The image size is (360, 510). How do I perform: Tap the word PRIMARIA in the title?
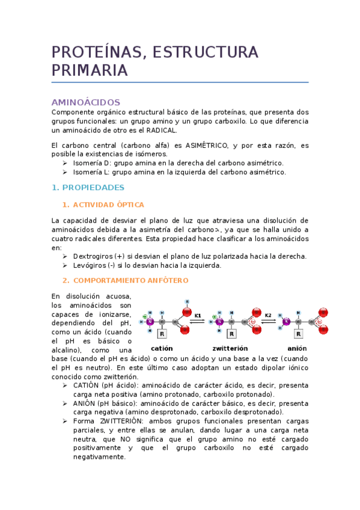click(x=90, y=70)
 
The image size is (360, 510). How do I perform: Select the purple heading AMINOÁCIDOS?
click(x=86, y=102)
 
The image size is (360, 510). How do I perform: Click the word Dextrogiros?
click(x=93, y=256)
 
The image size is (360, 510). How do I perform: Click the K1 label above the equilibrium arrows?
click(x=198, y=315)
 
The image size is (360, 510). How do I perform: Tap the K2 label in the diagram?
click(x=268, y=315)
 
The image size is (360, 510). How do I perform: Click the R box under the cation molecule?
click(x=161, y=333)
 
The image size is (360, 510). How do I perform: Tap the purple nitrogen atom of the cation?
click(x=150, y=322)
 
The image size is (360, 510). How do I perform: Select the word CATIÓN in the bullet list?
click(x=86, y=385)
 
